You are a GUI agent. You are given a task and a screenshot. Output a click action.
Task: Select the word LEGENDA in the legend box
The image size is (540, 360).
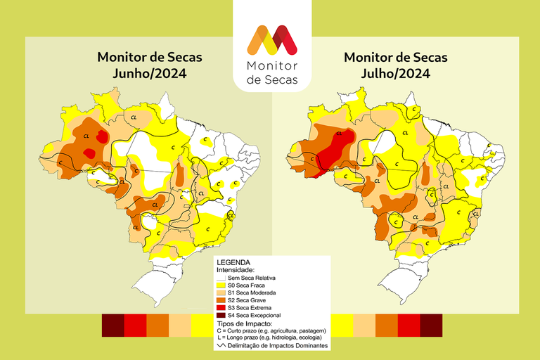point(234,262)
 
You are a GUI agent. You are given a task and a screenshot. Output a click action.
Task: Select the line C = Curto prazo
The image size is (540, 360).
point(271,330)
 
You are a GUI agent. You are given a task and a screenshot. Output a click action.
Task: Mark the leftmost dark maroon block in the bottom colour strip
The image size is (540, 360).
point(112,325)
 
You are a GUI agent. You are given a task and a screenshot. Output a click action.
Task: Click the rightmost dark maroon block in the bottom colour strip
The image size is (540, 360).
point(431,325)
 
